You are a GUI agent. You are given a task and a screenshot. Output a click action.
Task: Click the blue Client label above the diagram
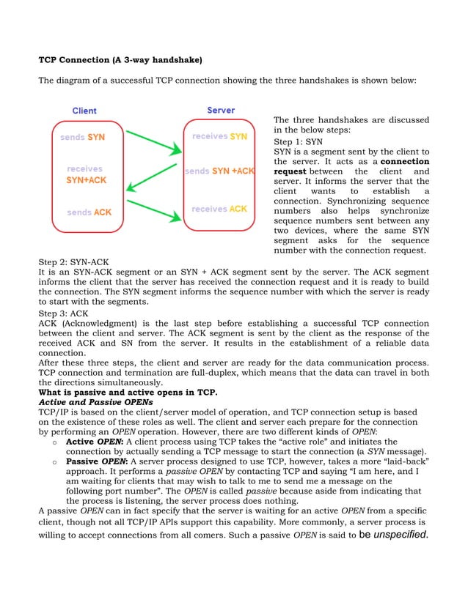(84, 111)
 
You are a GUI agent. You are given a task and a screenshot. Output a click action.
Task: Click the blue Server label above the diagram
(221, 110)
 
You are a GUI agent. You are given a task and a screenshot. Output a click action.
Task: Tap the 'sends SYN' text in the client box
(82, 137)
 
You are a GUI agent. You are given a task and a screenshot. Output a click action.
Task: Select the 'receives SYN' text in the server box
(219, 136)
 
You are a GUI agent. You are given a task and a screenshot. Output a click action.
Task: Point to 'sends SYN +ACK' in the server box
(219, 171)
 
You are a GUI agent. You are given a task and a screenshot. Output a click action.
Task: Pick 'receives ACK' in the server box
(219, 209)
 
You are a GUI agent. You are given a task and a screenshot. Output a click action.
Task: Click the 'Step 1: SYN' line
(298, 141)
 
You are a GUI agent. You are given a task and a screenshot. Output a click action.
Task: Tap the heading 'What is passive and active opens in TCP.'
(128, 392)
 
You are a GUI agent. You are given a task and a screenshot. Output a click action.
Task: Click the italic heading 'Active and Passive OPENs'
(95, 402)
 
